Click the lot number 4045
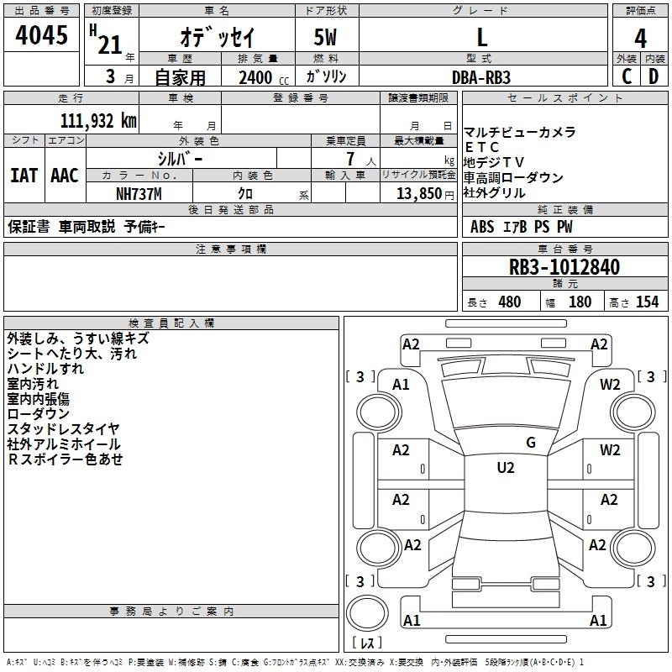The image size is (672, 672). (x=42, y=36)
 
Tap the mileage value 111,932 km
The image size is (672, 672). (x=98, y=121)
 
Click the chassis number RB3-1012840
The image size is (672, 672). (x=564, y=268)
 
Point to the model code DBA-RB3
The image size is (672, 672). (x=481, y=76)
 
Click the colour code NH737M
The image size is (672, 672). (x=139, y=193)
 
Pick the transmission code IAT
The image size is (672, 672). (x=24, y=176)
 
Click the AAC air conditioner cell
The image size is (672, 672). (x=65, y=176)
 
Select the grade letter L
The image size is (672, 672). (x=481, y=37)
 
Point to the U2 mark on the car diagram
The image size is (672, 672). (x=505, y=468)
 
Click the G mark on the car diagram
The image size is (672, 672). (x=531, y=443)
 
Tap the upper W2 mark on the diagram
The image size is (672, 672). (x=610, y=385)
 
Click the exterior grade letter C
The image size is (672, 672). (x=626, y=76)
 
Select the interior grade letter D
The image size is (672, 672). (x=654, y=76)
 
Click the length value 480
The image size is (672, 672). (x=509, y=302)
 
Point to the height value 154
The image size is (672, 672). (x=647, y=302)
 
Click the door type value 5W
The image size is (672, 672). (x=327, y=37)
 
